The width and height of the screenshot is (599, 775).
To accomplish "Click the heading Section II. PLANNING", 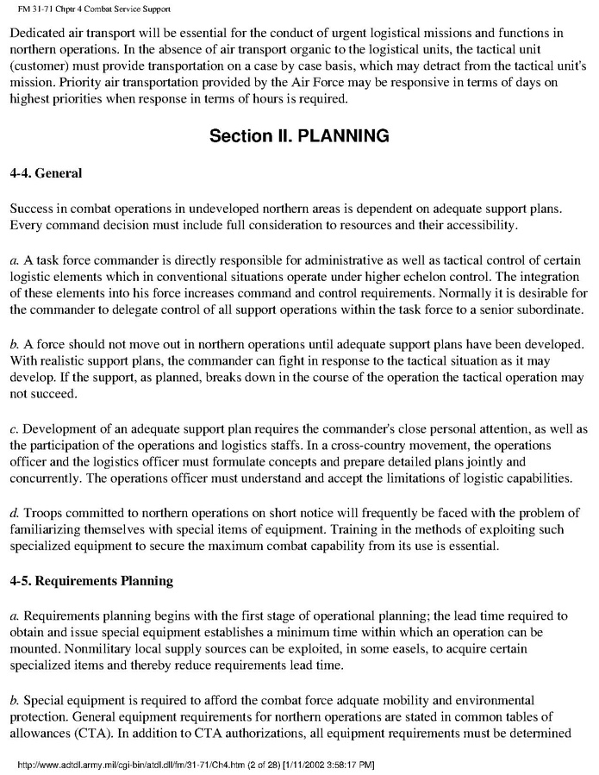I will (299, 135).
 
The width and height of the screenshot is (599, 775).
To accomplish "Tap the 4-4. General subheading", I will (46, 173).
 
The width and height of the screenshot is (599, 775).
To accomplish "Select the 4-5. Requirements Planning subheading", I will (91, 580).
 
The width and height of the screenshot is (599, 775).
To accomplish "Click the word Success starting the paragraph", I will (34, 209).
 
